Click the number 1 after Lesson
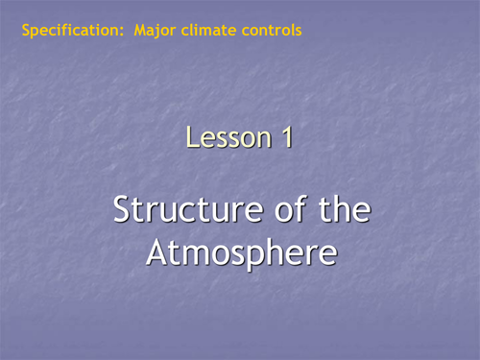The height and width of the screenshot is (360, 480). [x=285, y=138]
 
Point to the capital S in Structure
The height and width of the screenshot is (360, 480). [x=122, y=209]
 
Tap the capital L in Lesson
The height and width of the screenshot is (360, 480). [x=193, y=138]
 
